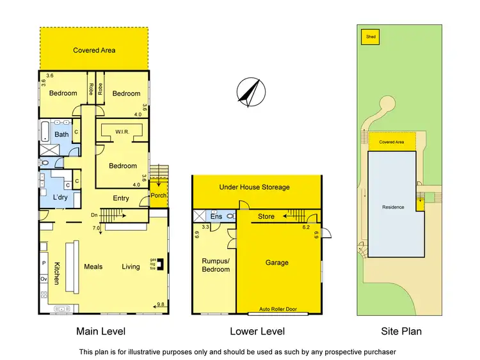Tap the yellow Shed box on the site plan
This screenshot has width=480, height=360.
pyautogui.click(x=371, y=37)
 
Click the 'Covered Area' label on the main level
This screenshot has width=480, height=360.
pyautogui.click(x=94, y=50)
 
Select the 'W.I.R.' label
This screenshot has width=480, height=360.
pyautogui.click(x=123, y=132)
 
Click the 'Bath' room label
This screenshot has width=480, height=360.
pyautogui.click(x=61, y=134)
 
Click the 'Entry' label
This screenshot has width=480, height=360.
pyautogui.click(x=121, y=198)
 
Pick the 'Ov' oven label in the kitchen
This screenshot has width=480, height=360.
pyautogui.click(x=44, y=279)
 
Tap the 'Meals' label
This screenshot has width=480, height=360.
pyautogui.click(x=93, y=267)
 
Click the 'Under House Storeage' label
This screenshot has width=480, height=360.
pyautogui.click(x=254, y=187)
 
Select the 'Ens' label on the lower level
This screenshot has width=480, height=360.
pyautogui.click(x=216, y=217)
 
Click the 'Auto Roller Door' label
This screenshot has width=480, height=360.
pyautogui.click(x=276, y=309)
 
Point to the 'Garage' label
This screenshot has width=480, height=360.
pyautogui.click(x=277, y=263)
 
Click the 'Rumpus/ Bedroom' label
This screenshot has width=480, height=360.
pyautogui.click(x=216, y=265)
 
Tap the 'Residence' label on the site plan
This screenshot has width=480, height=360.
pyautogui.click(x=393, y=207)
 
